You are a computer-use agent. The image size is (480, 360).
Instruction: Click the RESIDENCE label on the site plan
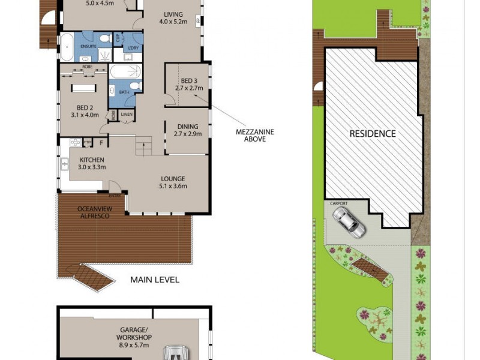pos(373,133)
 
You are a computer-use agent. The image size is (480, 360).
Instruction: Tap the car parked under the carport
pos(348,221)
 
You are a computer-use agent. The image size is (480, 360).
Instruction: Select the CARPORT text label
pos(339,203)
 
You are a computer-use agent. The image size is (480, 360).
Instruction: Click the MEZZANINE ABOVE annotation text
pos(251,135)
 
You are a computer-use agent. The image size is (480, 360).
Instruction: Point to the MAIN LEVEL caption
pos(155,280)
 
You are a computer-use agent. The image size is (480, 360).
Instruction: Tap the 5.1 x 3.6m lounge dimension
pos(172,186)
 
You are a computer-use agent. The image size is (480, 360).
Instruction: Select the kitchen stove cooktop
pos(76,142)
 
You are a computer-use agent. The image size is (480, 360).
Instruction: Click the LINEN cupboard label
pos(126,114)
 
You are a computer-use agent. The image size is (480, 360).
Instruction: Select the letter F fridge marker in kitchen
pos(102,142)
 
